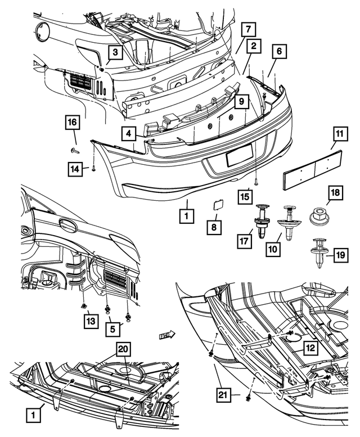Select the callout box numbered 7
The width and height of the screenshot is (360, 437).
[249, 30]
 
